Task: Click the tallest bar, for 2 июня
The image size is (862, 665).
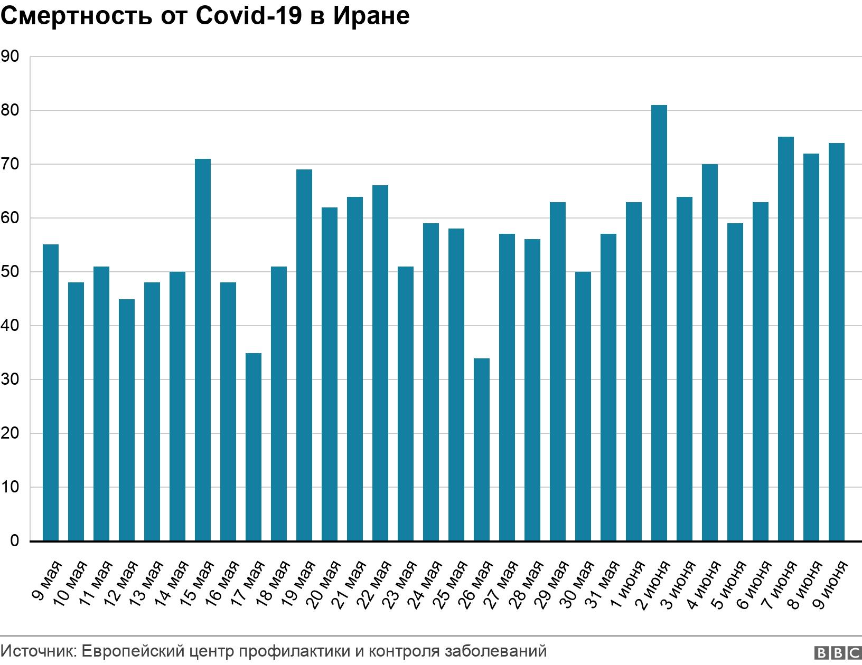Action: click(659, 323)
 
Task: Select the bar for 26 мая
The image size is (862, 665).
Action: click(481, 450)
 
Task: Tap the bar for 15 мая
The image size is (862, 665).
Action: click(202, 350)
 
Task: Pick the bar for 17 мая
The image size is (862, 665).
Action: click(253, 447)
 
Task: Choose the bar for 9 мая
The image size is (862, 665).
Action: click(50, 393)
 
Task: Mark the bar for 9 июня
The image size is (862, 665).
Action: click(836, 342)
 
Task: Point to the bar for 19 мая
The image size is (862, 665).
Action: click(304, 355)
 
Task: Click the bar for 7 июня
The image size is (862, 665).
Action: click(785, 339)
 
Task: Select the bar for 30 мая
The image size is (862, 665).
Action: click(583, 406)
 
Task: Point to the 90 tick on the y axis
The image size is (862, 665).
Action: click(10, 56)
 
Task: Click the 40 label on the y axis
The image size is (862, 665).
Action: click(10, 326)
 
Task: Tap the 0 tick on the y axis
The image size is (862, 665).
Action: click(14, 541)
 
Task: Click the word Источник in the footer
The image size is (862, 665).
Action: click(39, 651)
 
